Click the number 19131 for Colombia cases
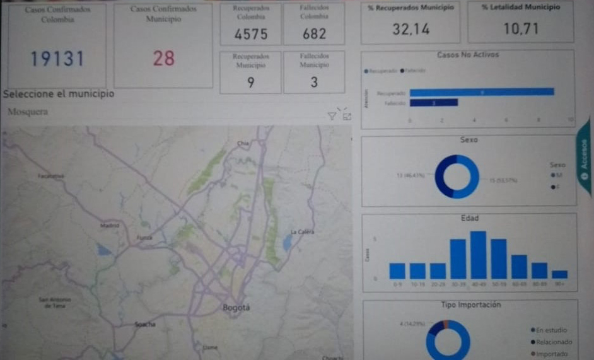tap(57, 59)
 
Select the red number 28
tap(163, 59)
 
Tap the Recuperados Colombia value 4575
tap(251, 35)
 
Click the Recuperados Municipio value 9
tap(251, 82)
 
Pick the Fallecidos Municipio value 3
tap(314, 82)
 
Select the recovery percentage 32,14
tap(410, 29)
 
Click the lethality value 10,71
tap(521, 29)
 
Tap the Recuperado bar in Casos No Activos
tap(481, 92)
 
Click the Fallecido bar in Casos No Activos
tap(433, 102)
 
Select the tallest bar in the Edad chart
tap(479, 255)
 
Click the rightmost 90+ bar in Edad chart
tap(559, 274)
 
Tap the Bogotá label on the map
tap(236, 308)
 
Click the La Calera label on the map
tap(302, 232)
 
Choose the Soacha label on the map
tap(144, 324)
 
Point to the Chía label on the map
tap(243, 144)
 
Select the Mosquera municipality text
tap(28, 112)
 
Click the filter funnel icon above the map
tap(332, 115)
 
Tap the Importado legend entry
tap(554, 354)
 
